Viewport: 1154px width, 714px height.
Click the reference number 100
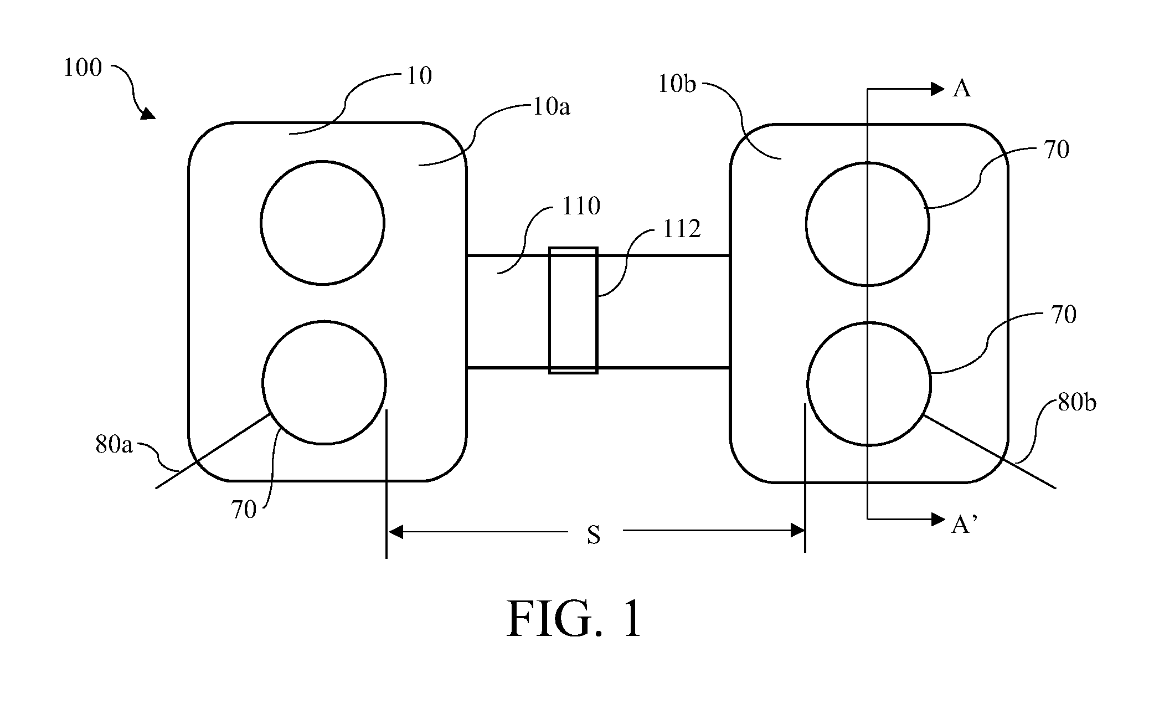pos(83,68)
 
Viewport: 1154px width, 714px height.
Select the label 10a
pos(551,106)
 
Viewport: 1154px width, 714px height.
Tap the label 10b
pos(677,84)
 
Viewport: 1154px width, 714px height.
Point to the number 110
pos(581,206)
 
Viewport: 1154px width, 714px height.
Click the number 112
pos(682,229)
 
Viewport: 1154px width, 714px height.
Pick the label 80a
pos(114,444)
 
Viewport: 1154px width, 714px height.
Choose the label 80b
pos(1076,403)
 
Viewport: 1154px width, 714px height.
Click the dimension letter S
pos(594,535)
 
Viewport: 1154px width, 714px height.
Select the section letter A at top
pos(962,89)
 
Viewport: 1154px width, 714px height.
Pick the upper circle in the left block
pos(322,161)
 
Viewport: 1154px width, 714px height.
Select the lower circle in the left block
pos(324,321)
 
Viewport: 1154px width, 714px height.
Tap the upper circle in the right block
pos(868,162)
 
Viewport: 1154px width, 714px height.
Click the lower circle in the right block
pos(869,322)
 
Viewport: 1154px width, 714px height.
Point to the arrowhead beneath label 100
pos(148,114)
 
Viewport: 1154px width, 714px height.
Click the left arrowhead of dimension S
pos(395,532)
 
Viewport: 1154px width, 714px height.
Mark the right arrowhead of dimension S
pos(797,531)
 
